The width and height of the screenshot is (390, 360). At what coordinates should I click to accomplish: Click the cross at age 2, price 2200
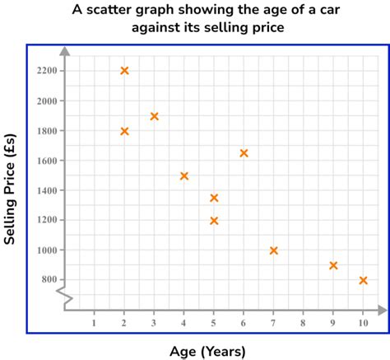coord(124,71)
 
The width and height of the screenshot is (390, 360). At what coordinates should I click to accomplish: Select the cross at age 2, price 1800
coord(124,131)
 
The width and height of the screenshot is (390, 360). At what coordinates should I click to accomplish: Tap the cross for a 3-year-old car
coord(154,116)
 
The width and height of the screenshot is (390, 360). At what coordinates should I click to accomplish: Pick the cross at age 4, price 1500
coord(184,176)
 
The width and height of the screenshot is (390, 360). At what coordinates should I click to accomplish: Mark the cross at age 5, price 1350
coord(214,198)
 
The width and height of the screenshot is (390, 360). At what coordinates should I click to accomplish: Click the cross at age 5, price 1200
coord(214,221)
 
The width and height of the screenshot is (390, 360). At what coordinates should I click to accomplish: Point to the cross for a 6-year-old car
coord(244,153)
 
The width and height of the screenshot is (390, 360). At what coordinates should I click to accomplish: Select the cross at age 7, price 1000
coord(274,250)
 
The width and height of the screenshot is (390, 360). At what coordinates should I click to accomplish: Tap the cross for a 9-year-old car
coord(333,265)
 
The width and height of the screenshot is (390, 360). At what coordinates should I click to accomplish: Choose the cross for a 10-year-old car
coord(363,280)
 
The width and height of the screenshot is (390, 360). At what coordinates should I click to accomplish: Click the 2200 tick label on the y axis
coord(48,71)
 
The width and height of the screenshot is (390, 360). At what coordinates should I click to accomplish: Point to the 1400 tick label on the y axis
coord(48,190)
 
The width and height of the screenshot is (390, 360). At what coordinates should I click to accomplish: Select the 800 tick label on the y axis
coord(49,280)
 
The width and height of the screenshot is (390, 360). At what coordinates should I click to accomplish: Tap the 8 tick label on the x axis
coord(304,323)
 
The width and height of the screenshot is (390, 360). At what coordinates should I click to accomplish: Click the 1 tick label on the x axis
coord(95,323)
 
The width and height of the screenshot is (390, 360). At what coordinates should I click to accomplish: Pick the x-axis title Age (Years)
coord(207,352)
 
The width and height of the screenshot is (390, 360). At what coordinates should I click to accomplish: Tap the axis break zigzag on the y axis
coord(65,297)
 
